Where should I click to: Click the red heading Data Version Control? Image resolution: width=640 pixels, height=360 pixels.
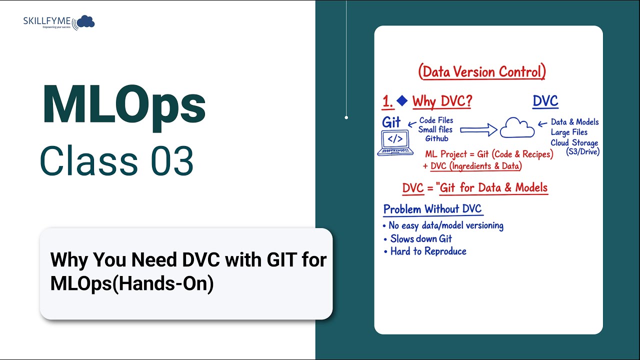(482, 71)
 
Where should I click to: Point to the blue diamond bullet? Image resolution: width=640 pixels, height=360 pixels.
(402, 101)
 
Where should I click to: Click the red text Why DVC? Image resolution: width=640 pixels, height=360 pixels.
(442, 102)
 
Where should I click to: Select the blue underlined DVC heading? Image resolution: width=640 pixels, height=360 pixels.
(545, 101)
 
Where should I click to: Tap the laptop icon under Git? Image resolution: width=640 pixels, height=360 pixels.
(395, 143)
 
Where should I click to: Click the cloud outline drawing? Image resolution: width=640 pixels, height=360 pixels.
(517, 128)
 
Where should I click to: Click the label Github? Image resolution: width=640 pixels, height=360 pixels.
(436, 139)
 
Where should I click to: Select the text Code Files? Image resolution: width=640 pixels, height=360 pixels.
(436, 120)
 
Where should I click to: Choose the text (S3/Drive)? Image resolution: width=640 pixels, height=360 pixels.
(582, 152)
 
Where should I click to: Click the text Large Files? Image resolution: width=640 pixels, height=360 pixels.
(569, 132)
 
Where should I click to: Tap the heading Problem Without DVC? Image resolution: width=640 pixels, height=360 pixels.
(432, 209)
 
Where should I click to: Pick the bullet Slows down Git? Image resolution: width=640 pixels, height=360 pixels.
(420, 238)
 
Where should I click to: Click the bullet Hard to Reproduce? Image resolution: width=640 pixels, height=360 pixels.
(428, 251)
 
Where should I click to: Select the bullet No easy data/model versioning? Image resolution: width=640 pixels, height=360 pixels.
(445, 225)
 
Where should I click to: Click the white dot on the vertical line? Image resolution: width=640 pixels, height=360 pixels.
(346, 117)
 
